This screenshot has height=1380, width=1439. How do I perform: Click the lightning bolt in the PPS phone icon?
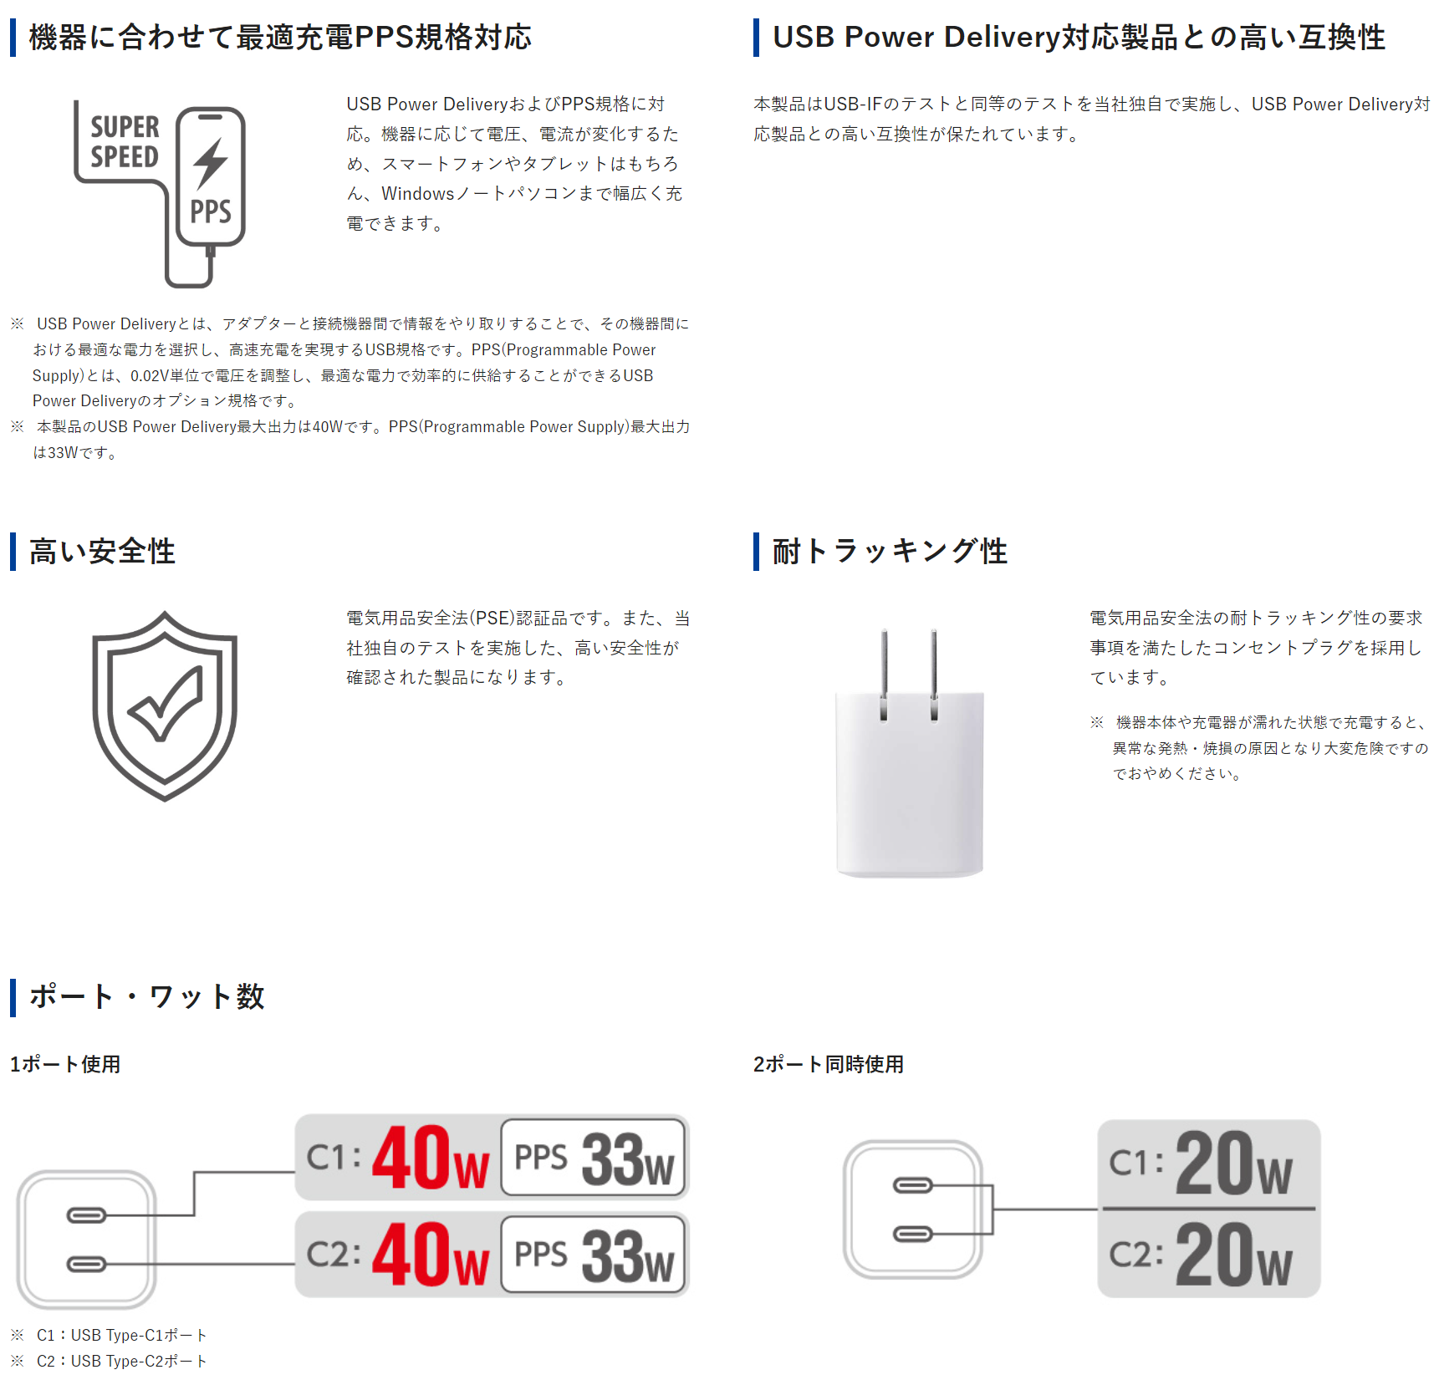(210, 164)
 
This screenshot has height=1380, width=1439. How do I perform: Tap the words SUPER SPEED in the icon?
(125, 142)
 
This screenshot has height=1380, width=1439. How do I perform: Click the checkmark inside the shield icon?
(165, 705)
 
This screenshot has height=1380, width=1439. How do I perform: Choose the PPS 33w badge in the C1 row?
(594, 1158)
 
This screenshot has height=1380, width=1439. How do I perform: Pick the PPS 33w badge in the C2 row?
(594, 1255)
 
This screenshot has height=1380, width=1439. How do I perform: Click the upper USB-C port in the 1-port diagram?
(86, 1215)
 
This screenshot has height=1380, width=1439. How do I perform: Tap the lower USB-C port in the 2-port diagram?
(913, 1234)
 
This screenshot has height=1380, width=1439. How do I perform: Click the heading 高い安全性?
(102, 552)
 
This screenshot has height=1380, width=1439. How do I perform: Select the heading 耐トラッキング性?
(890, 552)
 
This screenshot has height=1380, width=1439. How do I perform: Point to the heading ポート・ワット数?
(147, 996)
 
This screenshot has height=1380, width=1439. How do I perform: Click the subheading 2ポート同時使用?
(829, 1064)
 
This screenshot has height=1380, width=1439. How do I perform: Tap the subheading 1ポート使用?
(65, 1064)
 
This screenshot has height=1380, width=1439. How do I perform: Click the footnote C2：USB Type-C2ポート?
(121, 1361)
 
